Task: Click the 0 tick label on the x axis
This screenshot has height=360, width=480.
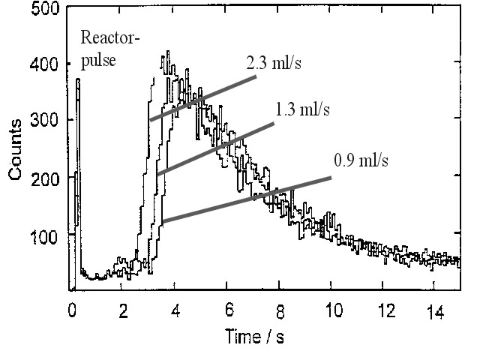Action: point(72,308)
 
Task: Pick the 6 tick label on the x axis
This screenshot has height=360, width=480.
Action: point(228,308)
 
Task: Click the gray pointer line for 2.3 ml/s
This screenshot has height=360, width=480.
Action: point(202,98)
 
